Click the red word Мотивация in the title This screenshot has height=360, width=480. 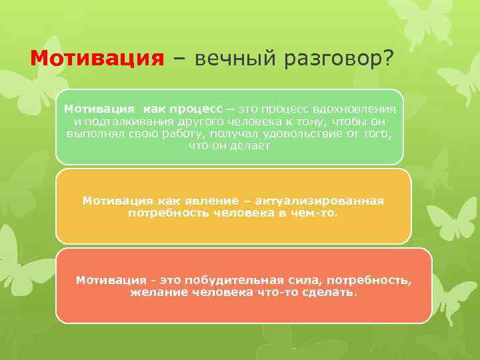97,59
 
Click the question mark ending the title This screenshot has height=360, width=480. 387,59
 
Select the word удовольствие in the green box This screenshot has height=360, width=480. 301,133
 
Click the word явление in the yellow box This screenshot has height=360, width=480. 197,201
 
